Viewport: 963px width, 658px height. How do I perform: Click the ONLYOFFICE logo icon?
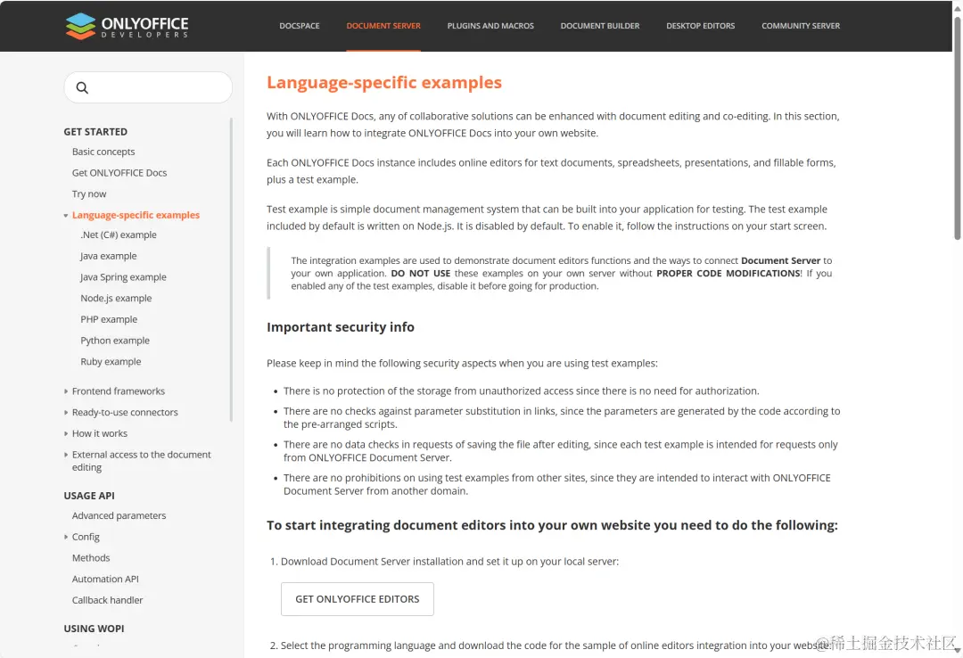pos(80,26)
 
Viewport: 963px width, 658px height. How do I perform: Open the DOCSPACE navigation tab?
pos(300,26)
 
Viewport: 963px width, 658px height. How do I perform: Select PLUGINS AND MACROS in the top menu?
pos(490,26)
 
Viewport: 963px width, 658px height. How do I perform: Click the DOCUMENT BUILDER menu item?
pos(600,26)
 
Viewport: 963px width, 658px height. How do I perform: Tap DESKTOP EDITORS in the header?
pos(701,26)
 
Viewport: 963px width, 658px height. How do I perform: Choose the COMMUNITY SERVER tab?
pos(801,26)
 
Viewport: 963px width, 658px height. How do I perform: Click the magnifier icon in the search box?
pos(82,87)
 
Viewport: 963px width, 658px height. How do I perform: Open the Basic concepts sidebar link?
pos(103,152)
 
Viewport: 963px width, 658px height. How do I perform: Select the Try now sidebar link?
pos(89,193)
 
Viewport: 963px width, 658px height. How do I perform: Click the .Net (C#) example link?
pos(119,235)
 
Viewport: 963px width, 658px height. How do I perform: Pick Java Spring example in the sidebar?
pos(123,277)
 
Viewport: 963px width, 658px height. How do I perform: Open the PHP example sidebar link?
pos(109,319)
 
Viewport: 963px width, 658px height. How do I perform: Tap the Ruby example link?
pos(111,362)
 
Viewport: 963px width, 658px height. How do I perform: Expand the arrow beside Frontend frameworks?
pos(66,391)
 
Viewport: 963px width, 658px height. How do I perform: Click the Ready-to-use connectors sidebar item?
pos(125,413)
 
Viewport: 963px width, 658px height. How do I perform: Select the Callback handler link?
pos(107,600)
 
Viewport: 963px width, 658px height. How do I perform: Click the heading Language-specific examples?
pos(384,83)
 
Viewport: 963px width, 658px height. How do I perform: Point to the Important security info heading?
pos(341,327)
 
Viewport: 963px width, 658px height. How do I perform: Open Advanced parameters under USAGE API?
pos(119,516)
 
